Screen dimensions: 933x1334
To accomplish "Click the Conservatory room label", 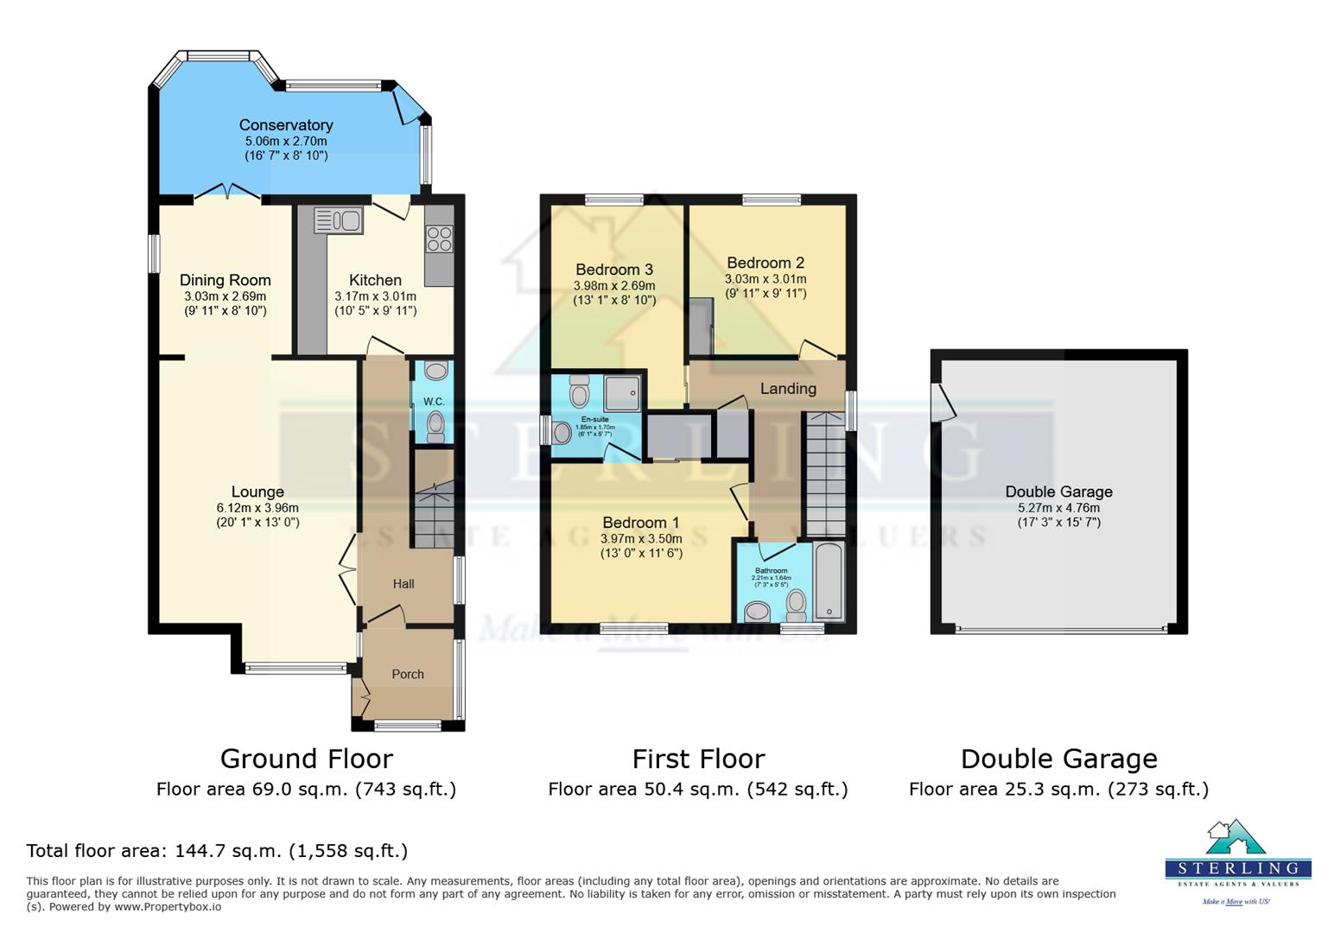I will pyautogui.click(x=286, y=125).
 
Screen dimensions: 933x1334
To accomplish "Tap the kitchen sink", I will pyautogui.click(x=339, y=220).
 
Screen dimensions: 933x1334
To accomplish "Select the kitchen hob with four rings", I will pyautogui.click(x=439, y=238).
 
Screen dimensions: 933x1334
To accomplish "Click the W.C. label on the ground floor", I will pyautogui.click(x=434, y=402).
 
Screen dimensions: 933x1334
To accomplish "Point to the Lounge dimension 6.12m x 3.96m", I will pyautogui.click(x=257, y=508).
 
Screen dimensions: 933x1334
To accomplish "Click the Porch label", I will pyautogui.click(x=408, y=674).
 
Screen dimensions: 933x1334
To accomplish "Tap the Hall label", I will pyautogui.click(x=403, y=584).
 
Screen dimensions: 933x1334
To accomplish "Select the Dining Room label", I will pyautogui.click(x=225, y=280).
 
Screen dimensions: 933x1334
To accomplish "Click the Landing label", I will pyautogui.click(x=787, y=389).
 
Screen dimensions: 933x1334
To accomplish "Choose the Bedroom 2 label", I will pyautogui.click(x=765, y=263).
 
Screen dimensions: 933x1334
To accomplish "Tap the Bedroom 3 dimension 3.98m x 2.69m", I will pyautogui.click(x=614, y=286).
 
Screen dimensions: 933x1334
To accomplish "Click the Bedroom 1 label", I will pyautogui.click(x=640, y=523).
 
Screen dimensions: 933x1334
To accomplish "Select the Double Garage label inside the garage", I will pyautogui.click(x=1058, y=492).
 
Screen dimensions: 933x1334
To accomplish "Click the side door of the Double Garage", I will pyautogui.click(x=943, y=402).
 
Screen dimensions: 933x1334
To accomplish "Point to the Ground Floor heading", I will pyautogui.click(x=306, y=758).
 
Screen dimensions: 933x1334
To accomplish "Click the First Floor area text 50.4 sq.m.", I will pyautogui.click(x=697, y=789).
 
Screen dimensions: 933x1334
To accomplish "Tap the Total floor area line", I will pyautogui.click(x=217, y=851).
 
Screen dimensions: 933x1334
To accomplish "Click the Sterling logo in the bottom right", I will pyautogui.click(x=1237, y=860).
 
